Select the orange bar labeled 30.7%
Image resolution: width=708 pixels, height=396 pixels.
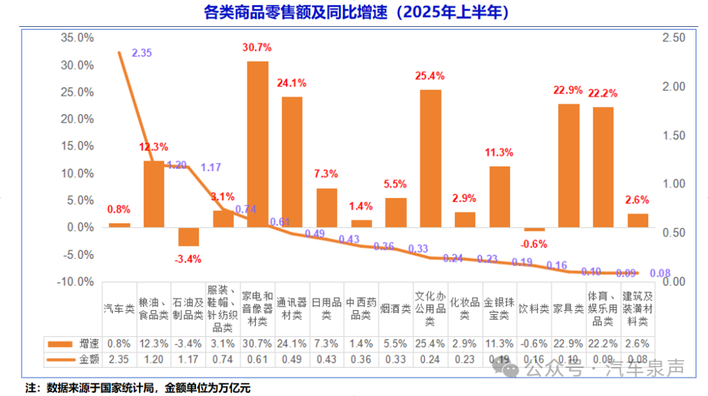tap(258, 144)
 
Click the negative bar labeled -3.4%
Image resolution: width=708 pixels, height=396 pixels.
tap(188, 237)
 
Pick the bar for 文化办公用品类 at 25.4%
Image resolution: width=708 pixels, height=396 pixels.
tap(430, 158)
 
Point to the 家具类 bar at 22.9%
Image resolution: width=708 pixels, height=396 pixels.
tap(568, 165)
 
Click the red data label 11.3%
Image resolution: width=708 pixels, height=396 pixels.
tap(500, 153)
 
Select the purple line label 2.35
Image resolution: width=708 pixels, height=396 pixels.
tap(142, 53)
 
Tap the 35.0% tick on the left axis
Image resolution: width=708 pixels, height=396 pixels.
tap(77, 38)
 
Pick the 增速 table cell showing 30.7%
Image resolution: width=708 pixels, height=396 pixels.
tap(258, 344)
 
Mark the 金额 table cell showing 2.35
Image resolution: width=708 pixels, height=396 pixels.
tap(119, 359)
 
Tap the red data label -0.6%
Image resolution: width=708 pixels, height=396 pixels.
tap(535, 244)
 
